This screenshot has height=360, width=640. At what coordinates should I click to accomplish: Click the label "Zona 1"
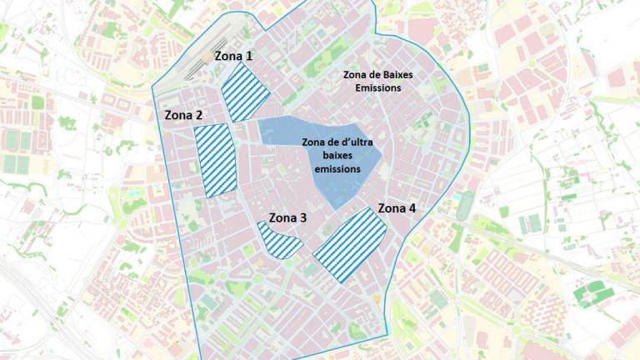(234, 57)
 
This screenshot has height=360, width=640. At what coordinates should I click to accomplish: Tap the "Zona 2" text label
(184, 115)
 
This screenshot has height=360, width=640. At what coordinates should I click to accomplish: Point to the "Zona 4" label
(397, 207)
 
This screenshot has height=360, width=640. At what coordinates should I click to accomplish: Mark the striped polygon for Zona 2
(216, 159)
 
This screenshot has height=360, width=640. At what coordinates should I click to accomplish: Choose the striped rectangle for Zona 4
(351, 245)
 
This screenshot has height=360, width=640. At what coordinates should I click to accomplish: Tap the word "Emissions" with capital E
(377, 87)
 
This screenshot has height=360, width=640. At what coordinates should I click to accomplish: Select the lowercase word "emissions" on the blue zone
(337, 168)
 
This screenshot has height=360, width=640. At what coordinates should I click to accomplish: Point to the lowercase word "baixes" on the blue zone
(337, 156)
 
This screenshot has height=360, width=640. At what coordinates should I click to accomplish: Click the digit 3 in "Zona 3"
(303, 218)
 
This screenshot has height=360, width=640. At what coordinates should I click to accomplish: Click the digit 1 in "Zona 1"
(250, 57)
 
